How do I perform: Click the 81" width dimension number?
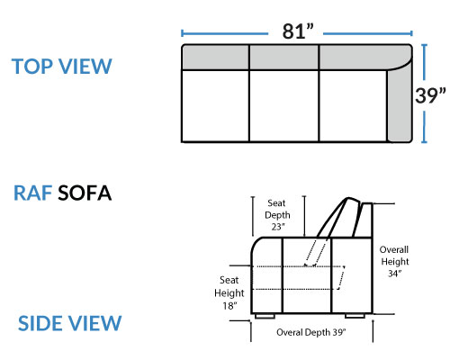click(x=298, y=31)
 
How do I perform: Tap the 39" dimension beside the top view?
click(x=430, y=95)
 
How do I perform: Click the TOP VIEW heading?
click(x=62, y=67)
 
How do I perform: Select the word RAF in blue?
click(x=32, y=193)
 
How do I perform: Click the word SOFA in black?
click(x=85, y=193)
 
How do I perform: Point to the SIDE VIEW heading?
click(x=69, y=323)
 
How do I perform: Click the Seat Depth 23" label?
click(x=277, y=215)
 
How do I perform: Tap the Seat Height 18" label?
click(x=229, y=292)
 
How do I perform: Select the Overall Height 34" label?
click(x=394, y=261)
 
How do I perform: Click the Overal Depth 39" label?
click(x=311, y=332)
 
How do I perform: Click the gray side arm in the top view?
click(x=400, y=103)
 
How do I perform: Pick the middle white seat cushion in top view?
click(x=283, y=105)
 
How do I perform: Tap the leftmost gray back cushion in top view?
click(x=215, y=58)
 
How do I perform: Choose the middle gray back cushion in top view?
click(x=283, y=58)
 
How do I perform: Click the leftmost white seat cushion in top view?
click(x=215, y=105)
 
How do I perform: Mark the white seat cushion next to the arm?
click(x=353, y=105)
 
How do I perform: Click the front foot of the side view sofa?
click(x=265, y=316)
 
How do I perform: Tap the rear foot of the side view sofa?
click(x=355, y=316)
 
